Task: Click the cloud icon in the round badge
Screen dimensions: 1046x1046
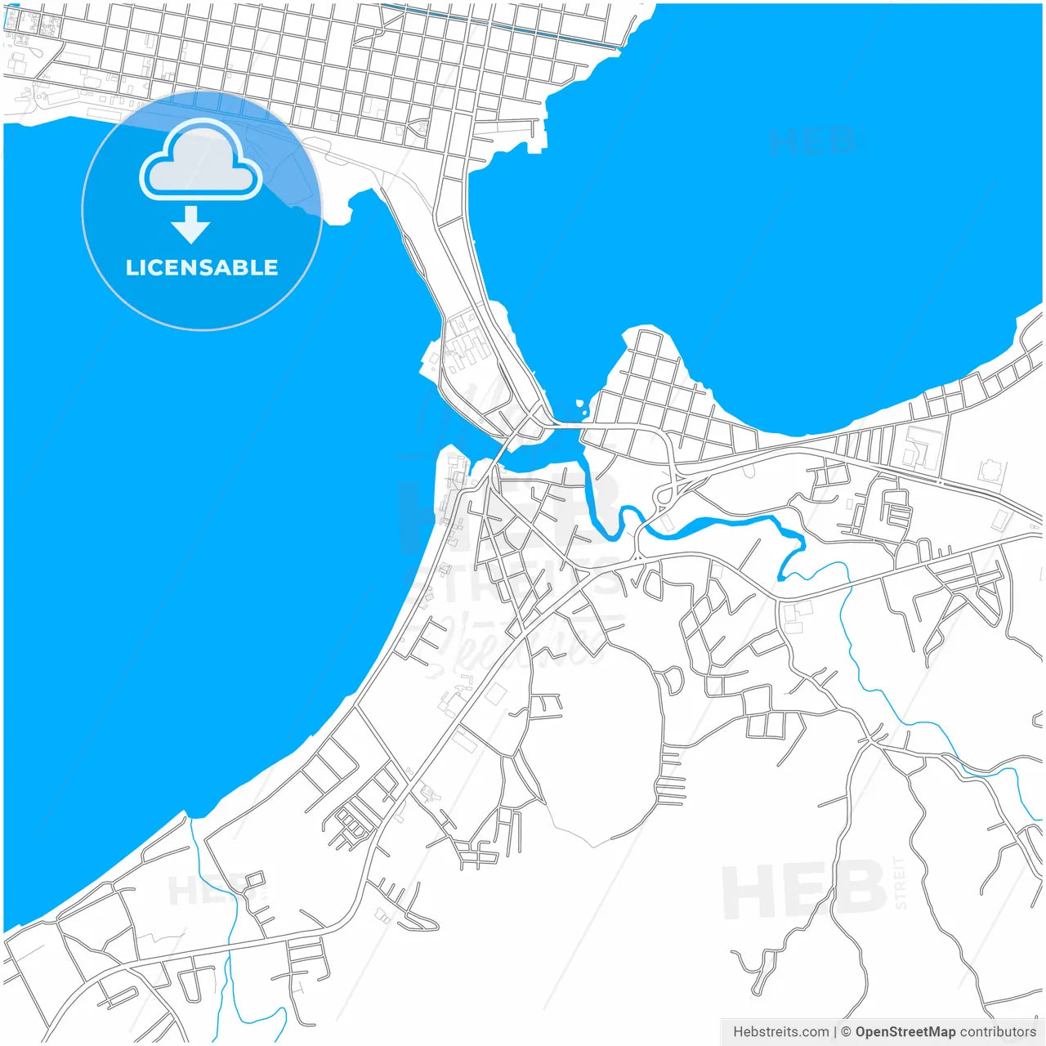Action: [x=201, y=163]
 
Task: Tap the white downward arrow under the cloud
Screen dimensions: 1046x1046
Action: [x=191, y=225]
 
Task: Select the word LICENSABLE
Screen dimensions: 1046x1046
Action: [x=202, y=267]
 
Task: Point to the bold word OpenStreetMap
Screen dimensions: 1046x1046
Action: [x=905, y=1032]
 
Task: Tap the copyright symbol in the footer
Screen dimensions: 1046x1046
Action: [x=847, y=1032]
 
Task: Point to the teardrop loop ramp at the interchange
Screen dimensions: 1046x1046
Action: [x=663, y=495]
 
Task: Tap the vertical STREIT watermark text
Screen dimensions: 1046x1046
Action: [x=901, y=883]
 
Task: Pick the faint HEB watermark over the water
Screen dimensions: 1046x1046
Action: [x=813, y=141]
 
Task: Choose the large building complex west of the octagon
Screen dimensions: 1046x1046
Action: [x=919, y=447]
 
